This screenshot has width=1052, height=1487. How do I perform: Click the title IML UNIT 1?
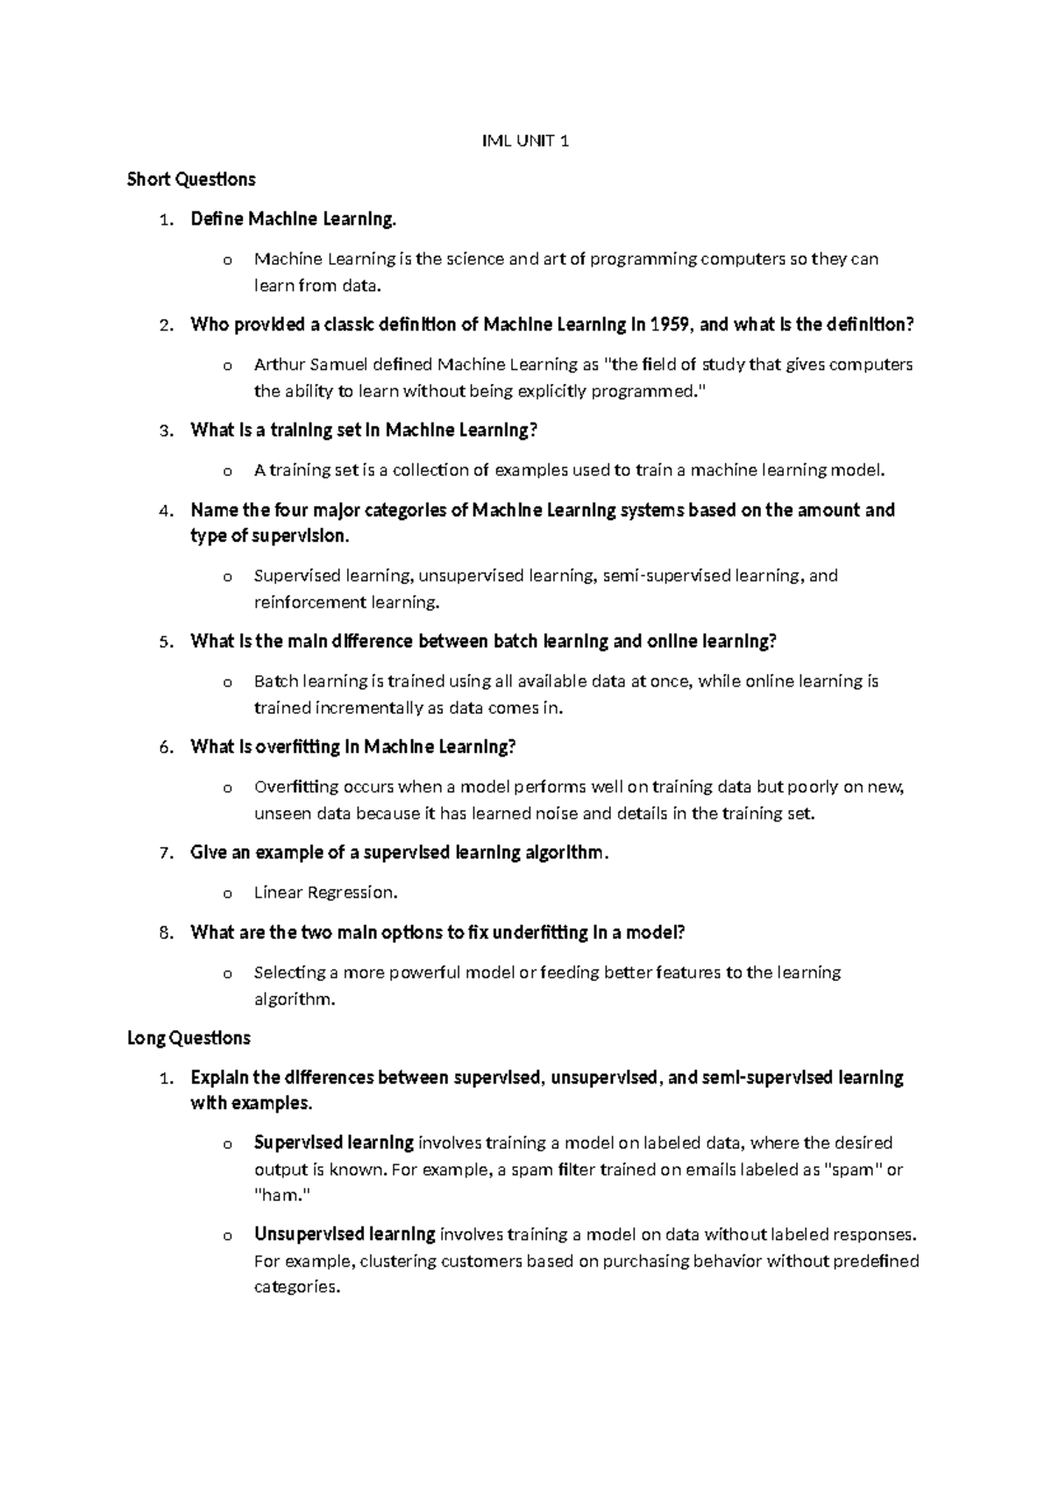click(526, 140)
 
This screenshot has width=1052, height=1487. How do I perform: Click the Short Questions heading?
click(191, 180)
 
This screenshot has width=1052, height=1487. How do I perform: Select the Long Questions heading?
click(188, 1038)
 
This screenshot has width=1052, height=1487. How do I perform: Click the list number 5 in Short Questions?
click(166, 642)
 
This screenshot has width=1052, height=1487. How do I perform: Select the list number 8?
click(166, 933)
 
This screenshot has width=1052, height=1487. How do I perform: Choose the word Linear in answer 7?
click(275, 893)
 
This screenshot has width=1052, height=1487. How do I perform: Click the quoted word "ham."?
click(281, 1195)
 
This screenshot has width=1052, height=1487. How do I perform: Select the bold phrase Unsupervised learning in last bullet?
click(345, 1234)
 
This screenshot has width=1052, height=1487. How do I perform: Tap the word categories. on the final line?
click(296, 1288)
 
